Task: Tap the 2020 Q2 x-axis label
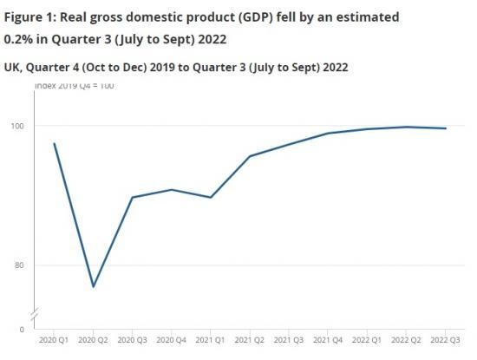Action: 93,342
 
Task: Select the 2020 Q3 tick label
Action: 132,342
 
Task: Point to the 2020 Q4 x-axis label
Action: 171,342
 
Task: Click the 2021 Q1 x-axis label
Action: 211,342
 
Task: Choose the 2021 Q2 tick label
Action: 250,342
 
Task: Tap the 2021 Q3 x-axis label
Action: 289,342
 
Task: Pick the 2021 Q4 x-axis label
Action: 328,342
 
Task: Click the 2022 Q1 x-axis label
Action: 367,342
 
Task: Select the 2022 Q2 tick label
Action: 406,342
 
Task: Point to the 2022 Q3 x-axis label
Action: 445,342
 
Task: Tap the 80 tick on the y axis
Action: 19,265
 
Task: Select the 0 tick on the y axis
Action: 22,329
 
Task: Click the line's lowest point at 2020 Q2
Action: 93,286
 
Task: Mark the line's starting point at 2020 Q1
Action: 54,143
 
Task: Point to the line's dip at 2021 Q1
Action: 211,197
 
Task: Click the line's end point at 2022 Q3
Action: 446,128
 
